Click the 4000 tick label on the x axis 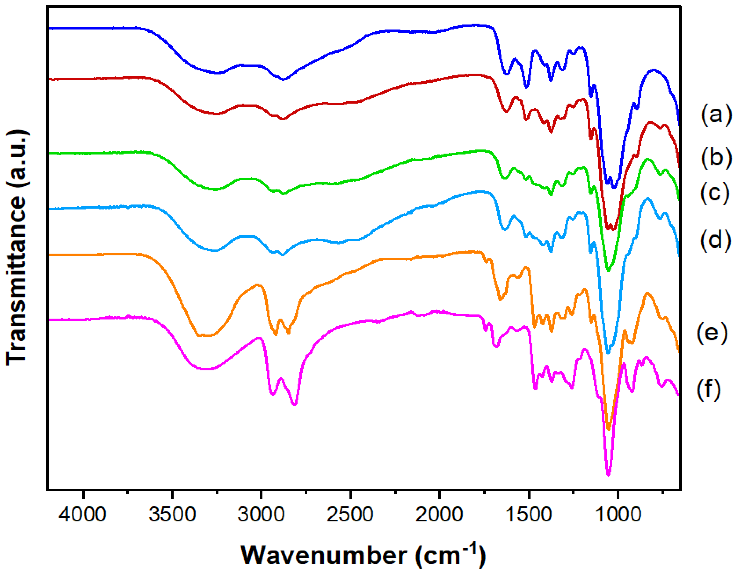(x=82, y=514)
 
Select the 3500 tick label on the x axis (x=172, y=514)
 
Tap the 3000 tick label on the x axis (x=261, y=514)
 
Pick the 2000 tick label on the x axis (x=439, y=514)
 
